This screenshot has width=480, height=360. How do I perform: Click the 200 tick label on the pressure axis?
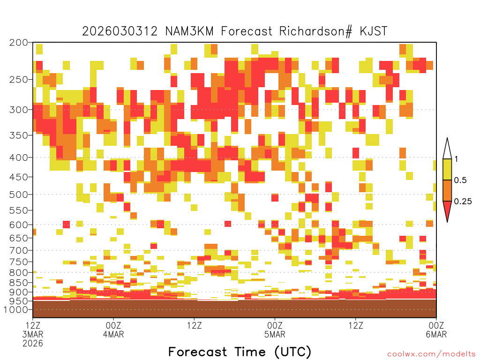tap(19, 43)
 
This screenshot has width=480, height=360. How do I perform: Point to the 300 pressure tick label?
tap(19, 110)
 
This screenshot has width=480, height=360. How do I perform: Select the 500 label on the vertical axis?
tap(19, 195)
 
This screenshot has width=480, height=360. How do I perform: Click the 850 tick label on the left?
tap(19, 283)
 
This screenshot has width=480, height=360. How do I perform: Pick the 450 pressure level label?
tap(19, 177)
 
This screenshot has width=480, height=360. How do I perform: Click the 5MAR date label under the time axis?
tap(275, 334)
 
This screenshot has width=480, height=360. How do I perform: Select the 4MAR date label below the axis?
tap(113, 334)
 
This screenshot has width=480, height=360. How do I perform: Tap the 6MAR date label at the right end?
tap(436, 334)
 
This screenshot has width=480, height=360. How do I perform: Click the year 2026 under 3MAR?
tap(33, 343)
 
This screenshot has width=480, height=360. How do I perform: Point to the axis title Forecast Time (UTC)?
tap(240, 352)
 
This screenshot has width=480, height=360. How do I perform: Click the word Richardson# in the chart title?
tap(316, 31)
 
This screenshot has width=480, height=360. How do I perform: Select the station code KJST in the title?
tap(374, 31)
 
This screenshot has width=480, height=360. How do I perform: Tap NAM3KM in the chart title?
tap(189, 31)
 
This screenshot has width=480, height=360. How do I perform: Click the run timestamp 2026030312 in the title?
tap(120, 31)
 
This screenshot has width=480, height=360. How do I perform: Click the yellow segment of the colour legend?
tap(447, 169)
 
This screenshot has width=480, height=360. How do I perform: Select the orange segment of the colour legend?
tap(447, 190)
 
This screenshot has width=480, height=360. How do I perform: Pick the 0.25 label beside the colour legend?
tap(463, 201)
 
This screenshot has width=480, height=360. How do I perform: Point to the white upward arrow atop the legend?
tap(447, 149)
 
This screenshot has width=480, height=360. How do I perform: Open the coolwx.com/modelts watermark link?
tap(431, 354)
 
